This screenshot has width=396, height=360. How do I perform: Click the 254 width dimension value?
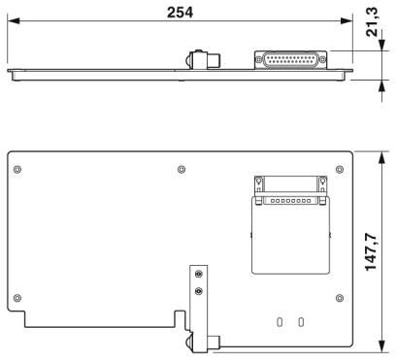[180, 13]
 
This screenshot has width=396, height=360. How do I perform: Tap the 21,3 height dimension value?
[372, 21]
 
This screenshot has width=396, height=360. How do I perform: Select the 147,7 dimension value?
[371, 251]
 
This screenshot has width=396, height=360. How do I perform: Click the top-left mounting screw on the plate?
[17, 169]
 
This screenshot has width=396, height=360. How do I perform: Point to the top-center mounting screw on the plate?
[181, 169]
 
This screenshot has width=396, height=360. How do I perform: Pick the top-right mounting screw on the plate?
[340, 169]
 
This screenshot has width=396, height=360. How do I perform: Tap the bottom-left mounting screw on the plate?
[17, 298]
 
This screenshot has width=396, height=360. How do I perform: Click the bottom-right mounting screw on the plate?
[340, 298]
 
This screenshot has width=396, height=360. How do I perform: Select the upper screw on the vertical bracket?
[199, 275]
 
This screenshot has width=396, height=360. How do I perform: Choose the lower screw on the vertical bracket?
[199, 291]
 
